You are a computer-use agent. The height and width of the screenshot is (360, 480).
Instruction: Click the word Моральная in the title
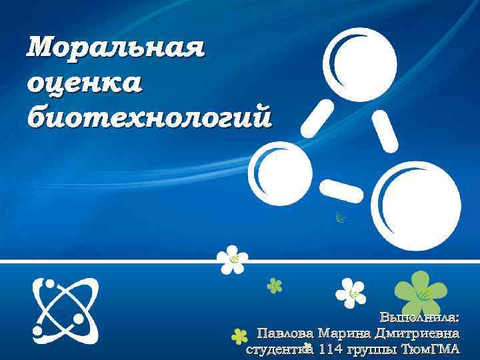click(x=115, y=47)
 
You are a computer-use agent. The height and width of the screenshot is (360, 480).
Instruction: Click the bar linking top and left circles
click(x=317, y=118)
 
